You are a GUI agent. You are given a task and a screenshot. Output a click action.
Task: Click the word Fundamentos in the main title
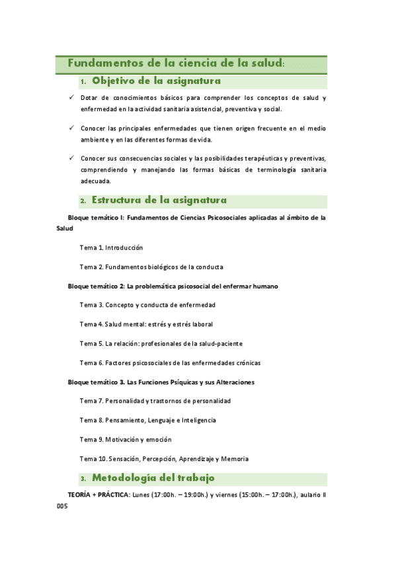pos(99,64)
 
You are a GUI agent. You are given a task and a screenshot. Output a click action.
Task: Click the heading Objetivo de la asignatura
pos(156,81)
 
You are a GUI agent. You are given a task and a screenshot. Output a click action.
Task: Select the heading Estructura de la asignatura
pos(159,200)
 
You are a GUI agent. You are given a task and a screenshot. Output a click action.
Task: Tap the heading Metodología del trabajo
pos(153,478)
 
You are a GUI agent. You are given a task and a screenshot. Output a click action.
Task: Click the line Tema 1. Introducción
pos(111,247)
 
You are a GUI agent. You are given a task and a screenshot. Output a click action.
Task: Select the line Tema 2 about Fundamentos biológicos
pos(151,267)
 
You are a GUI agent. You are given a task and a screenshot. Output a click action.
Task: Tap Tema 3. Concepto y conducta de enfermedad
pos(147,305)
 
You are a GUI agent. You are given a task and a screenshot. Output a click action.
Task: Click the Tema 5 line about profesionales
pos(161,343)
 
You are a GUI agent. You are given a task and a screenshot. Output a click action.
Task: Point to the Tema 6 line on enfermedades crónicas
pos(170,363)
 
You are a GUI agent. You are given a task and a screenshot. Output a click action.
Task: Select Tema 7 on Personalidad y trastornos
pos(155,401)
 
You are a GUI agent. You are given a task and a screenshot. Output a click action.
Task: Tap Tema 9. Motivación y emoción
pos(126,439)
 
